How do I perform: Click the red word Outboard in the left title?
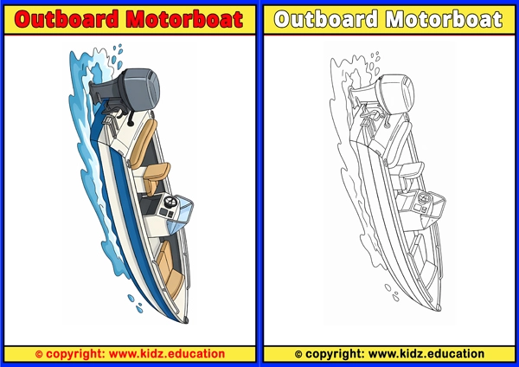click(x=67, y=19)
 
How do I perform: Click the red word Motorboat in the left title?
click(x=185, y=19)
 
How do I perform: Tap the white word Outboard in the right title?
click(x=326, y=19)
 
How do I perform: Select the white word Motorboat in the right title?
click(x=445, y=19)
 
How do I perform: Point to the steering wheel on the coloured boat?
click(x=170, y=202)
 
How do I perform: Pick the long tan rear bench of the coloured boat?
click(x=143, y=143)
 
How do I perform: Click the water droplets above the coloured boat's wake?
click(x=117, y=56)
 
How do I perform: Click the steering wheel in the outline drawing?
click(x=424, y=199)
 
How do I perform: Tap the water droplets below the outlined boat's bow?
click(x=392, y=293)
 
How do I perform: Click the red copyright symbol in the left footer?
click(x=39, y=354)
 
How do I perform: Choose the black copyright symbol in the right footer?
click(x=298, y=354)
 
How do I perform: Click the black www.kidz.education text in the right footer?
click(x=426, y=354)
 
